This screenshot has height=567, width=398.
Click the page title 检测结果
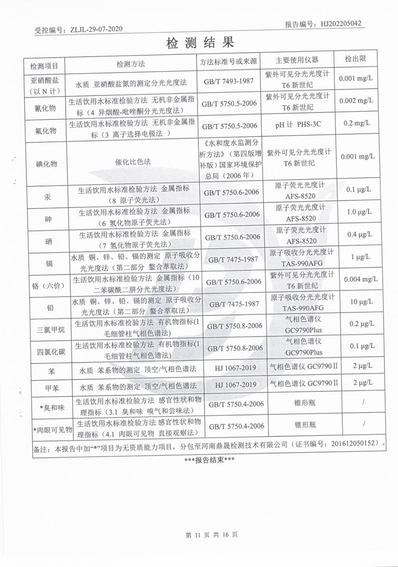pos(199,42)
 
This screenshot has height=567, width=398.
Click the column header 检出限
pos(355,59)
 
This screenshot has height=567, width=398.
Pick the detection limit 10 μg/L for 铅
pos(356,302)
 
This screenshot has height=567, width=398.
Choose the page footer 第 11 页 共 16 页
pos(211,535)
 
